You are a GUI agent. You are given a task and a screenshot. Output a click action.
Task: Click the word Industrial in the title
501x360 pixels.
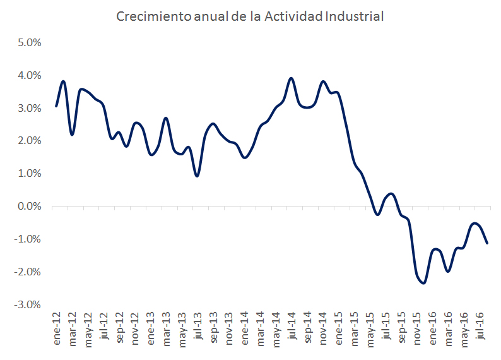tap(354, 16)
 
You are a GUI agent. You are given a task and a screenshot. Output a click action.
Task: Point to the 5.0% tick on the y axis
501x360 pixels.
tap(28, 43)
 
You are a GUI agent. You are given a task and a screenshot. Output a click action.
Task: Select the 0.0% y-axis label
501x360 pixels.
tap(28, 207)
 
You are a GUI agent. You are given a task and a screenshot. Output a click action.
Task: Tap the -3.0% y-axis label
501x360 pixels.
tap(27, 304)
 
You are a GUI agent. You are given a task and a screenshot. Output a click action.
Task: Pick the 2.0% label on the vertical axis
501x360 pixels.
tap(28, 141)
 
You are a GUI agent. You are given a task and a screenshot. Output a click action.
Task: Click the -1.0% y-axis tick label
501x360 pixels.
tap(27, 239)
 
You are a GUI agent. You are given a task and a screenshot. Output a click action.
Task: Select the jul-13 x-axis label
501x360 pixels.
tap(197, 327)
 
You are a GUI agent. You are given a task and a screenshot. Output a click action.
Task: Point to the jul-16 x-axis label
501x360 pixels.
tap(480, 327)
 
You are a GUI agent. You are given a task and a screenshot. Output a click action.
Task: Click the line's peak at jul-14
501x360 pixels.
tap(291, 78)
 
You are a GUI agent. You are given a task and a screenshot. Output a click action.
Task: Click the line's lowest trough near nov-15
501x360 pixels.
tap(423, 283)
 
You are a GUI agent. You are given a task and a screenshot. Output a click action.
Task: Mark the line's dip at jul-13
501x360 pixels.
tap(197, 176)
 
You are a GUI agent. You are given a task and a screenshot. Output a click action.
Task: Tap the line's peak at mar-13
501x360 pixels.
tap(165, 118)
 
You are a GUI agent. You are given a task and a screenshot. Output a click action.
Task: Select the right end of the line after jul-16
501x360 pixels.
tap(487, 243)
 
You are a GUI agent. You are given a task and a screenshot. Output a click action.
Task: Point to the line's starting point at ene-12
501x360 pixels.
tap(56, 106)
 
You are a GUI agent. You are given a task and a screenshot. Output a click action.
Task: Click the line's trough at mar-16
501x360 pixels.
tap(447, 271)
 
